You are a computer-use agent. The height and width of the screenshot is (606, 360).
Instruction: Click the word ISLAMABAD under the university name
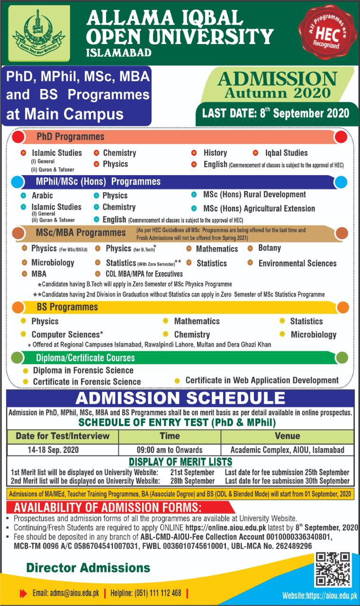pos(119,53)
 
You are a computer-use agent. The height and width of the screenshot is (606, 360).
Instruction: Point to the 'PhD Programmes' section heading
pos(71,137)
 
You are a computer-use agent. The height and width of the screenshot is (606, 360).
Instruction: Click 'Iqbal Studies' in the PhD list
pos(286,153)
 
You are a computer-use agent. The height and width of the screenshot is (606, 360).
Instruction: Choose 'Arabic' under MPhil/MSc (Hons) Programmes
pos(42,196)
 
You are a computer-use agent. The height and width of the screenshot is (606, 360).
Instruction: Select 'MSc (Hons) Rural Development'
pos(254,195)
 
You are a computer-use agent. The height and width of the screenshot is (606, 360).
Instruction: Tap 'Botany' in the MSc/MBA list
pos(270,248)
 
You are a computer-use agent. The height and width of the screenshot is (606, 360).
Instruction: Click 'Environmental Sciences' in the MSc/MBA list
pos(297,263)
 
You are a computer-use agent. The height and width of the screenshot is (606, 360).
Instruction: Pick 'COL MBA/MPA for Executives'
pos(144,274)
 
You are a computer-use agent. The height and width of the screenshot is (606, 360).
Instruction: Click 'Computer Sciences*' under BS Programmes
pos(67,334)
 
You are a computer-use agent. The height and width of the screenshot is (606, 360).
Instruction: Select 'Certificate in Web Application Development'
pos(262,380)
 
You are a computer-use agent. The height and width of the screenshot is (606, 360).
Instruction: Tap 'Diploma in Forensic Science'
pos(83,370)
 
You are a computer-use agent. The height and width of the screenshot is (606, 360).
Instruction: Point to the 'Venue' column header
pos(287,436)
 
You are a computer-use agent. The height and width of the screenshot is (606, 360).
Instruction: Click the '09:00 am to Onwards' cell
pos(169,450)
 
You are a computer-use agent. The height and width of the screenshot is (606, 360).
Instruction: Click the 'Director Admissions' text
pos(88,567)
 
